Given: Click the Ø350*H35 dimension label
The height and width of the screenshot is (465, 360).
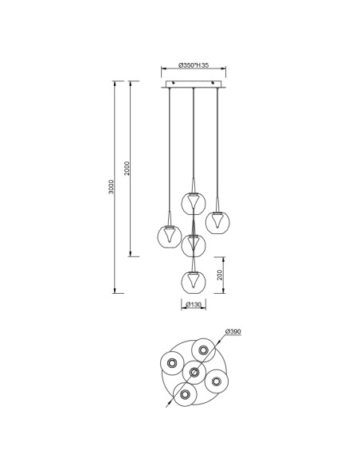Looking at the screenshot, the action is coord(194,65).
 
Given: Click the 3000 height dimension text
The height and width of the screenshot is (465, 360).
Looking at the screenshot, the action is coord(111,187).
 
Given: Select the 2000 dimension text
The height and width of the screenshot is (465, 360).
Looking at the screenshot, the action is coord(127,168).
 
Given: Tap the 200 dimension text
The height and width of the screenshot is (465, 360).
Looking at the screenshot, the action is coord(220,275).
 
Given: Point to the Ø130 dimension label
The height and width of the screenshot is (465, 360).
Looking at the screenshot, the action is coord(194,304).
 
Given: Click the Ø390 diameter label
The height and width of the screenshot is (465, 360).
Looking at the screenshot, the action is coord(233,331).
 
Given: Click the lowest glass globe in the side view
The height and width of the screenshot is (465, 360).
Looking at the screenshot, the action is coord(194,282).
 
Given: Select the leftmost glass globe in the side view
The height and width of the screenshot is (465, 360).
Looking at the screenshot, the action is coord(170,236).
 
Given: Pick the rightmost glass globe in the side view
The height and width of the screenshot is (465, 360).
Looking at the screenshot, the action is coord(217,222).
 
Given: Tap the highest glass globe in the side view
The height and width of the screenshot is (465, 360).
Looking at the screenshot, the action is coord(194,203).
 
